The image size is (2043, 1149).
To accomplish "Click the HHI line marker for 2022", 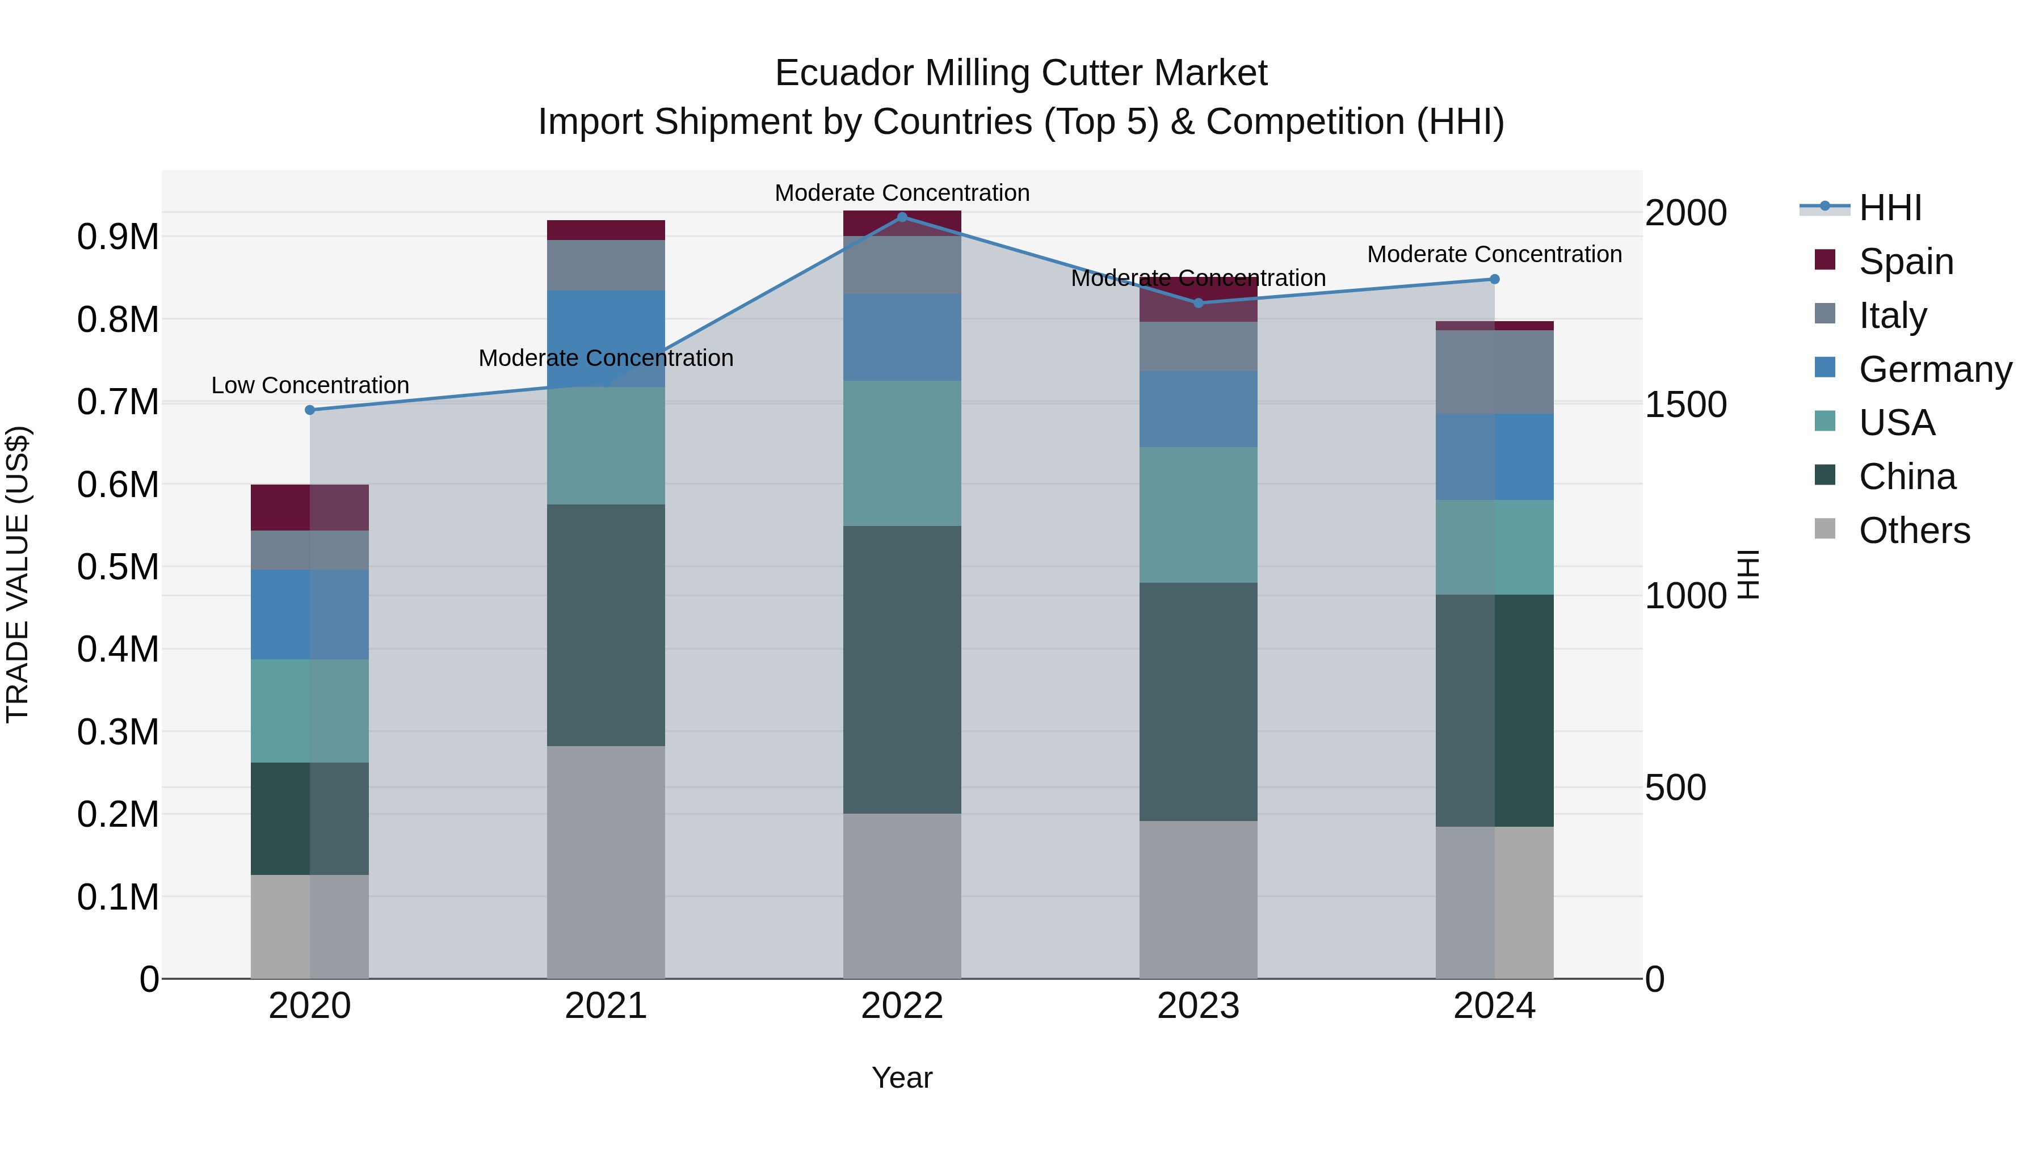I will (x=902, y=217).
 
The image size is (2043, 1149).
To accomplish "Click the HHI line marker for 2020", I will (x=310, y=410).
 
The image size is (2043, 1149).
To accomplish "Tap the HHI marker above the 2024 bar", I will (x=1494, y=279).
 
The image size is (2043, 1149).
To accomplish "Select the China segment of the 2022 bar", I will (x=902, y=670).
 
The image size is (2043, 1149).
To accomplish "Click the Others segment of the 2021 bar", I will (x=606, y=862).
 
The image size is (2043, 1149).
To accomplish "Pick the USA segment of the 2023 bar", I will (x=1199, y=515).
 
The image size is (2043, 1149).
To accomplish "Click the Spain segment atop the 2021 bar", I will (x=606, y=230).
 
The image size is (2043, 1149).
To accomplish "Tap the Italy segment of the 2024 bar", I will (x=1494, y=372).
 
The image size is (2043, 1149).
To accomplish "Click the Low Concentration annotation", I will (x=310, y=385).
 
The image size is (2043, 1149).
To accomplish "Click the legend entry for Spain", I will (x=1905, y=262).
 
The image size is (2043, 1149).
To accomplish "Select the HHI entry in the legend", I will (x=1889, y=208).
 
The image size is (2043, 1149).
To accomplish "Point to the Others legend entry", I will (x=1913, y=531).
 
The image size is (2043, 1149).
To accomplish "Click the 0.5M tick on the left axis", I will (x=117, y=567).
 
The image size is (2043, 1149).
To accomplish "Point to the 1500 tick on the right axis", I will (x=1685, y=405).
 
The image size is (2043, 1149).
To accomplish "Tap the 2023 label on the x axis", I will (x=1199, y=1006).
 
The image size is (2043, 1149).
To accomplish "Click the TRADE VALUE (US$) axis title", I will (x=18, y=574).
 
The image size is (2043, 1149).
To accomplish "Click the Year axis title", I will (x=902, y=1078).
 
